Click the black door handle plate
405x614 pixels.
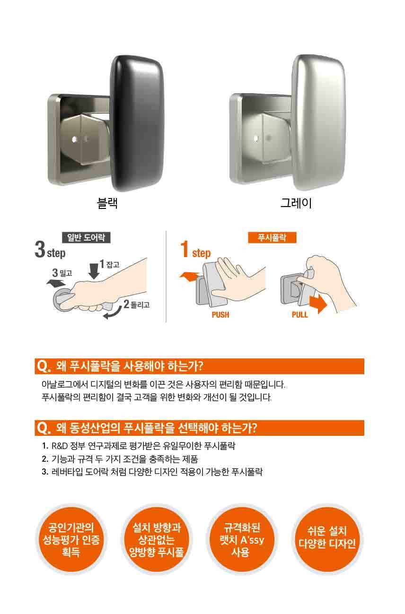click(x=137, y=123)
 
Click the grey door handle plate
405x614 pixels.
click(x=318, y=122)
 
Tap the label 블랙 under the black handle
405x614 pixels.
click(x=107, y=203)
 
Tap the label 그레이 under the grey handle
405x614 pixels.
click(x=296, y=203)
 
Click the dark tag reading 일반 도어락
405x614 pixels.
click(x=86, y=237)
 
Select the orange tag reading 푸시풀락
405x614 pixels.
click(x=272, y=237)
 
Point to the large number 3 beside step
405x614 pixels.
click(x=40, y=249)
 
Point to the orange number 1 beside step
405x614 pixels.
click(x=185, y=249)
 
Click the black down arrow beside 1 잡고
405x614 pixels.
click(x=94, y=271)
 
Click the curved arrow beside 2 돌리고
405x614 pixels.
click(x=113, y=313)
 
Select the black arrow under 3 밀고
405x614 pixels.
click(x=56, y=283)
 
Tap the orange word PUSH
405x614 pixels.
click(x=220, y=315)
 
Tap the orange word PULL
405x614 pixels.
click(x=299, y=315)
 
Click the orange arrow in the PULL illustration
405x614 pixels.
click(x=318, y=304)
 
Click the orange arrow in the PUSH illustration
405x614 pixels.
click(x=190, y=277)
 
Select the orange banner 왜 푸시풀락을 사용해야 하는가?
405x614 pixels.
click(x=200, y=366)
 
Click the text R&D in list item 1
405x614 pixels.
click(x=59, y=446)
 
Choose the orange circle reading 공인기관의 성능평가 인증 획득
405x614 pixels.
click(x=71, y=539)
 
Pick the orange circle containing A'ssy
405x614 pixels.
click(x=241, y=539)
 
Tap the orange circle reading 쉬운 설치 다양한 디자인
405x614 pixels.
click(x=327, y=539)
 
